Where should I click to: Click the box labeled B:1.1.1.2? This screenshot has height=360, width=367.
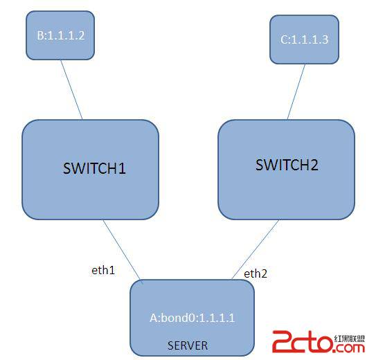(60, 35)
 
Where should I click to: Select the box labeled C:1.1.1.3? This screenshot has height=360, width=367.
(304, 39)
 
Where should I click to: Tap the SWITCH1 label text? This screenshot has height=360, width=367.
(94, 168)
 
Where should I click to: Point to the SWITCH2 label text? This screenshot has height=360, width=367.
(287, 165)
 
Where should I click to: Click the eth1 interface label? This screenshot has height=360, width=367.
(103, 270)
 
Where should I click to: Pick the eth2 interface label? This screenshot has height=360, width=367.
(256, 273)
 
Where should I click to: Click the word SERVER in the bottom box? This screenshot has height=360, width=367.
(188, 345)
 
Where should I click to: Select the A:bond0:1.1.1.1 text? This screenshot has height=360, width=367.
(193, 318)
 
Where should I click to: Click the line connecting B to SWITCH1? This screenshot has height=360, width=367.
(71, 89)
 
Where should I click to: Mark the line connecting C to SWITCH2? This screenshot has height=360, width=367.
(296, 91)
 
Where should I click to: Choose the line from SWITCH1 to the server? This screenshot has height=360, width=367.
(122, 249)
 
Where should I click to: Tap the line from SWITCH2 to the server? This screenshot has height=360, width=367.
(256, 249)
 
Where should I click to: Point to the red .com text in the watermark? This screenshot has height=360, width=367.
(349, 348)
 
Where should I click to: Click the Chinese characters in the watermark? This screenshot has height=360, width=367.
(349, 339)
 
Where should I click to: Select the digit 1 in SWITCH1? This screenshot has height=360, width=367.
(122, 168)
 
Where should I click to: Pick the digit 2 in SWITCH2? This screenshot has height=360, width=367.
(314, 165)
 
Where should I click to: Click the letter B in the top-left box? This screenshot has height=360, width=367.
(40, 35)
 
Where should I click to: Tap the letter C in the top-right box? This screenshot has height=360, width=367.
(284, 39)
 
